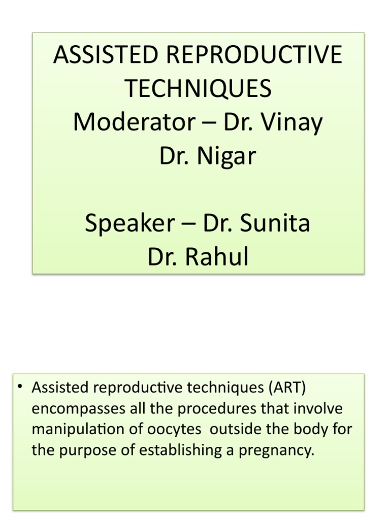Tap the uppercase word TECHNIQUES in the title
click(x=199, y=89)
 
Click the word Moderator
click(x=133, y=122)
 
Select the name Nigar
click(x=227, y=156)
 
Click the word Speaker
click(x=129, y=223)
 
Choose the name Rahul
click(x=217, y=257)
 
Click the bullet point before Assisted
click(x=21, y=387)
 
